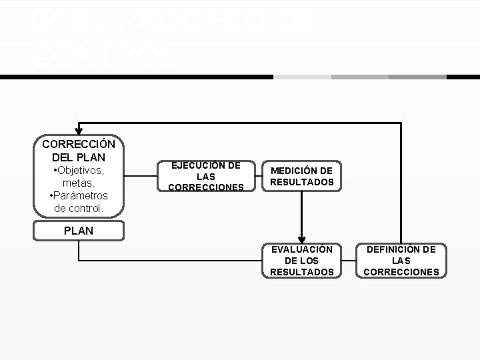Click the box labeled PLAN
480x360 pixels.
pos(79,231)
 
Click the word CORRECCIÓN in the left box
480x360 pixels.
pos(79,144)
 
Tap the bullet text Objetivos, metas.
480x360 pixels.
pos(79,177)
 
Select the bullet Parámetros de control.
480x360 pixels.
pos(79,202)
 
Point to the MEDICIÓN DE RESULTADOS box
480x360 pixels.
pos(301,177)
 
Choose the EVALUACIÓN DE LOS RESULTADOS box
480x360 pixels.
pos(301,260)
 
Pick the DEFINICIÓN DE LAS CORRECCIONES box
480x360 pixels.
pos(401,260)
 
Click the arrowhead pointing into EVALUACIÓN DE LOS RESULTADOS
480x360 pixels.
pos(302,239)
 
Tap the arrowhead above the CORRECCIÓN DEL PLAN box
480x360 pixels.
pos(79,130)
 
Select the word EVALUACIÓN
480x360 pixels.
pos(301,249)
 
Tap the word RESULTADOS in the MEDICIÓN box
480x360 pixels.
pos(301,182)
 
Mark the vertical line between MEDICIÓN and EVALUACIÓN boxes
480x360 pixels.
pos(302,213)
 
